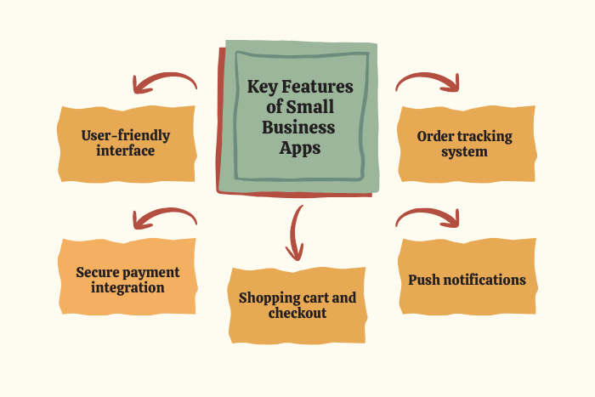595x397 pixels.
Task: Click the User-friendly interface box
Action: [x=126, y=144]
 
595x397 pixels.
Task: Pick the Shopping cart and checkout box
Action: [x=297, y=305]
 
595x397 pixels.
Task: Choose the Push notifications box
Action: [x=467, y=280]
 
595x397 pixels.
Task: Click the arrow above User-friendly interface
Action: [x=164, y=82]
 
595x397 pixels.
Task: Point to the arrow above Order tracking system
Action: [x=428, y=82]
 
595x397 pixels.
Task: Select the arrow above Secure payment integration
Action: [x=164, y=219]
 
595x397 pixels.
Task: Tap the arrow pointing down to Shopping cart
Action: [x=295, y=231]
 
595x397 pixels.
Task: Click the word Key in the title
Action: [x=263, y=87]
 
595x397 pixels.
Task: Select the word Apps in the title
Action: [x=300, y=147]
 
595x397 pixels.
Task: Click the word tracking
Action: [x=480, y=136]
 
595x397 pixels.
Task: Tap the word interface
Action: [x=126, y=151]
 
